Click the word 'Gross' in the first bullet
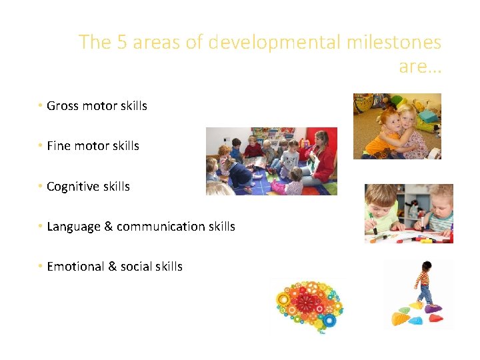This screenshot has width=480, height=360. [61, 106]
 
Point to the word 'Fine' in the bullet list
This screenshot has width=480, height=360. [58, 146]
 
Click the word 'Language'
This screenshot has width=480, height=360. [73, 227]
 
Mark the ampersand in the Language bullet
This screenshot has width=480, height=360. [108, 227]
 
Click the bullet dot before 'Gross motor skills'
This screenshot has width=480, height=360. [41, 106]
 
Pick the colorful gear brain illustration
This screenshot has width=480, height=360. [309, 305]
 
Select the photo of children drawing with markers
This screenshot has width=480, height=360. [408, 213]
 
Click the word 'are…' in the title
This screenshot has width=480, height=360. [420, 67]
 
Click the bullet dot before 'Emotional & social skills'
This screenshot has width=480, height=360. [41, 267]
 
